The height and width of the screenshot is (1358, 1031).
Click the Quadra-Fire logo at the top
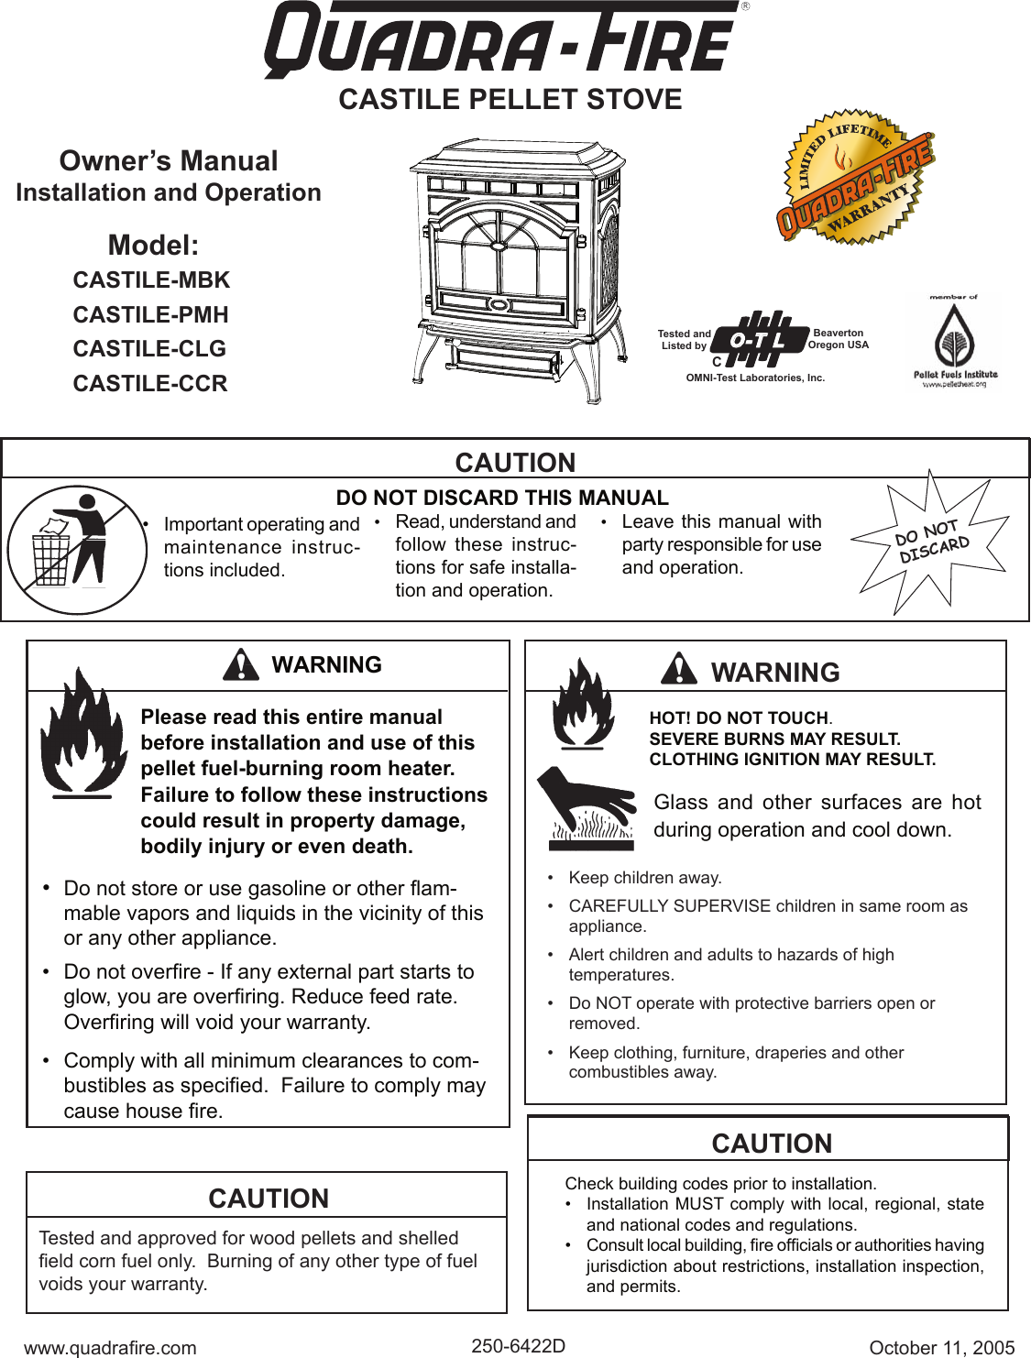(x=502, y=40)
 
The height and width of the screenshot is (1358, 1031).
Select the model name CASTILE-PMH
(x=150, y=315)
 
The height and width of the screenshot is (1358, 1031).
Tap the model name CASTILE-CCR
(x=150, y=384)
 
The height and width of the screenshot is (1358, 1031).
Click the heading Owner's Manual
(x=169, y=161)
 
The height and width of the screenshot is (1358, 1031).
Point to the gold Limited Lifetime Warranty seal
(x=854, y=180)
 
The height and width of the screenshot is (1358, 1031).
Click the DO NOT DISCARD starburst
(x=931, y=542)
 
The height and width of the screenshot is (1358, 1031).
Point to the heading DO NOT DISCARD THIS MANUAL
(x=502, y=498)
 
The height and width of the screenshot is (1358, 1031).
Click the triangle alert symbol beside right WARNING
(x=679, y=669)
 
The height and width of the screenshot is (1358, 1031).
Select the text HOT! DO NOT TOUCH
(x=739, y=718)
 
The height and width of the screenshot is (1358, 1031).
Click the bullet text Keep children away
(x=644, y=878)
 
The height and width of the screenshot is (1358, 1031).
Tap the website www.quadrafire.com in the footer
(x=110, y=1347)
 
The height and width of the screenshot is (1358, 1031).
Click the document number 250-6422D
(x=518, y=1345)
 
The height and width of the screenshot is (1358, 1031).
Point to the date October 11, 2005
(x=941, y=1347)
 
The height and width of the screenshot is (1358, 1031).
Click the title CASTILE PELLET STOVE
(x=510, y=100)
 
